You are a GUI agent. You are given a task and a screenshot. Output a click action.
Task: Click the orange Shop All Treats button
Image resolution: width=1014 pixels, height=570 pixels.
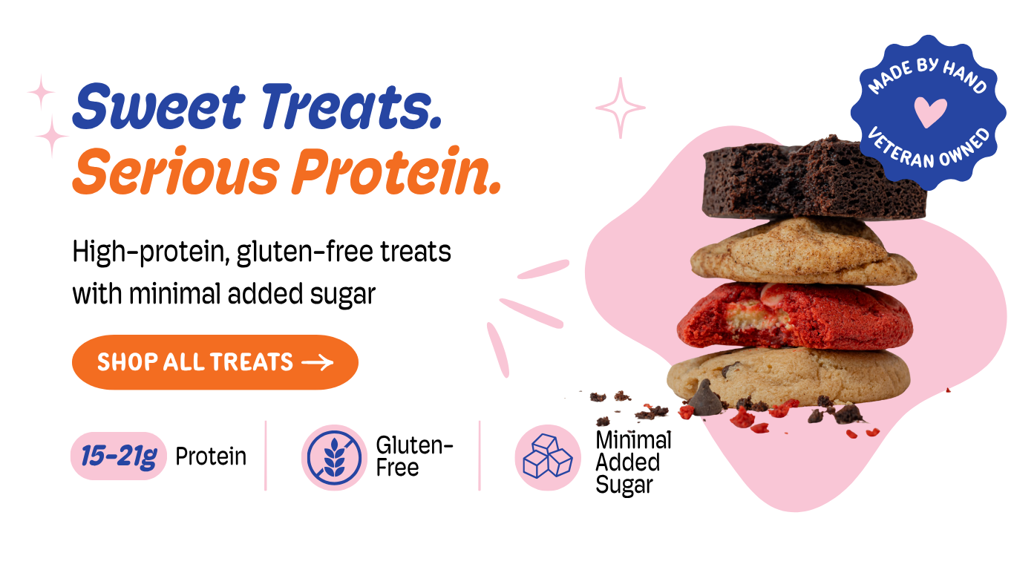tap(215, 362)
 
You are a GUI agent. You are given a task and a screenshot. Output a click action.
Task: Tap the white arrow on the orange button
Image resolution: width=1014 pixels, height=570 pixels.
tap(317, 362)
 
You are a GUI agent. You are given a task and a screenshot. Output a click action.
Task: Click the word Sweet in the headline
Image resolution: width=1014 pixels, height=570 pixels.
tap(159, 107)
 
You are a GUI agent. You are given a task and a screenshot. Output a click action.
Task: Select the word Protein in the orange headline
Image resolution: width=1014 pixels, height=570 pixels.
tap(396, 171)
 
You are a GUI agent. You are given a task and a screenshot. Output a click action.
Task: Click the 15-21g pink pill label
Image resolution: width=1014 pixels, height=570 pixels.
tap(119, 456)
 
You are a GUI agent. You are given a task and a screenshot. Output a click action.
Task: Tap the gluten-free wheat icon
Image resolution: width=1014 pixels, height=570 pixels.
tap(334, 457)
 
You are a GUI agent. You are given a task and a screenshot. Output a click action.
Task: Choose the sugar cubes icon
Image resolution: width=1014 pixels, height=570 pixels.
tap(548, 457)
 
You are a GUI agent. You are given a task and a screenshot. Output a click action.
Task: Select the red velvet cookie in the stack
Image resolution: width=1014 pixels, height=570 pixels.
tap(795, 316)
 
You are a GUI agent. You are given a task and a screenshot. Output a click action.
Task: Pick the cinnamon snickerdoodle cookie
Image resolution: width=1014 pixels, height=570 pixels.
tap(803, 252)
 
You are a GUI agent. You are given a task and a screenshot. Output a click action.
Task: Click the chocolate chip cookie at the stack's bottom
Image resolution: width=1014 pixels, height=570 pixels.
tap(788, 376)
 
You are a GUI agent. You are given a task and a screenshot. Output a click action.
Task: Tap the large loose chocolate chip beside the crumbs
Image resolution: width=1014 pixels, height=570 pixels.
tap(705, 399)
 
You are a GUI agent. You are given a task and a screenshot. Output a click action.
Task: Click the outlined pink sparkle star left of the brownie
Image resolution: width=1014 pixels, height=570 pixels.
tap(620, 108)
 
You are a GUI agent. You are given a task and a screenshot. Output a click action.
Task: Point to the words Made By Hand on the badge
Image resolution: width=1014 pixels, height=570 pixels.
tap(926, 76)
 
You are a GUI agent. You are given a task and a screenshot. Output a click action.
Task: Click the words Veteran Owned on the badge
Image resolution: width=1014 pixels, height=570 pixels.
tap(929, 149)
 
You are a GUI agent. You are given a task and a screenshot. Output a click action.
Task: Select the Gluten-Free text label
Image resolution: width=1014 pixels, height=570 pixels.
tap(414, 456)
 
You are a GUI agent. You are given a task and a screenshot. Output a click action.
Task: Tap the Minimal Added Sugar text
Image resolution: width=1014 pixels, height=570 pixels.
tap(633, 462)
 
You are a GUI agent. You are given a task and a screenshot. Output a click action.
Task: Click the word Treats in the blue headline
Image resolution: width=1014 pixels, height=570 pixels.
tap(351, 107)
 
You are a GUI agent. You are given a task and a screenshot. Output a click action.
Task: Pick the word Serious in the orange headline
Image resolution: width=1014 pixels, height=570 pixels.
tap(176, 171)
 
